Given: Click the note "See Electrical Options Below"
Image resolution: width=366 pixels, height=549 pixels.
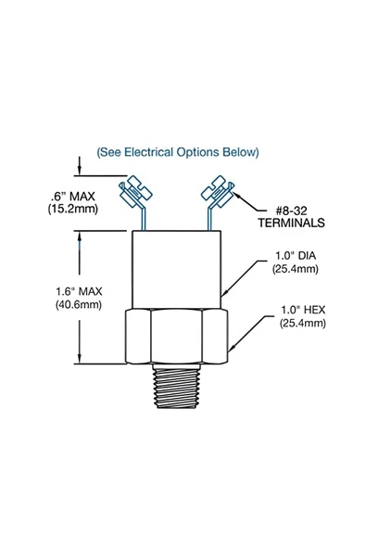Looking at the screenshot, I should point(178,151).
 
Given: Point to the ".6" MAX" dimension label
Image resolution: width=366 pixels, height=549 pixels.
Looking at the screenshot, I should point(73,197).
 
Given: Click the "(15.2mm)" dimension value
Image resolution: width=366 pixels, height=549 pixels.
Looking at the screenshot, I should point(73,211).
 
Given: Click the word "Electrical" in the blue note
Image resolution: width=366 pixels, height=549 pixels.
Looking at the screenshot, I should point(160,151).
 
